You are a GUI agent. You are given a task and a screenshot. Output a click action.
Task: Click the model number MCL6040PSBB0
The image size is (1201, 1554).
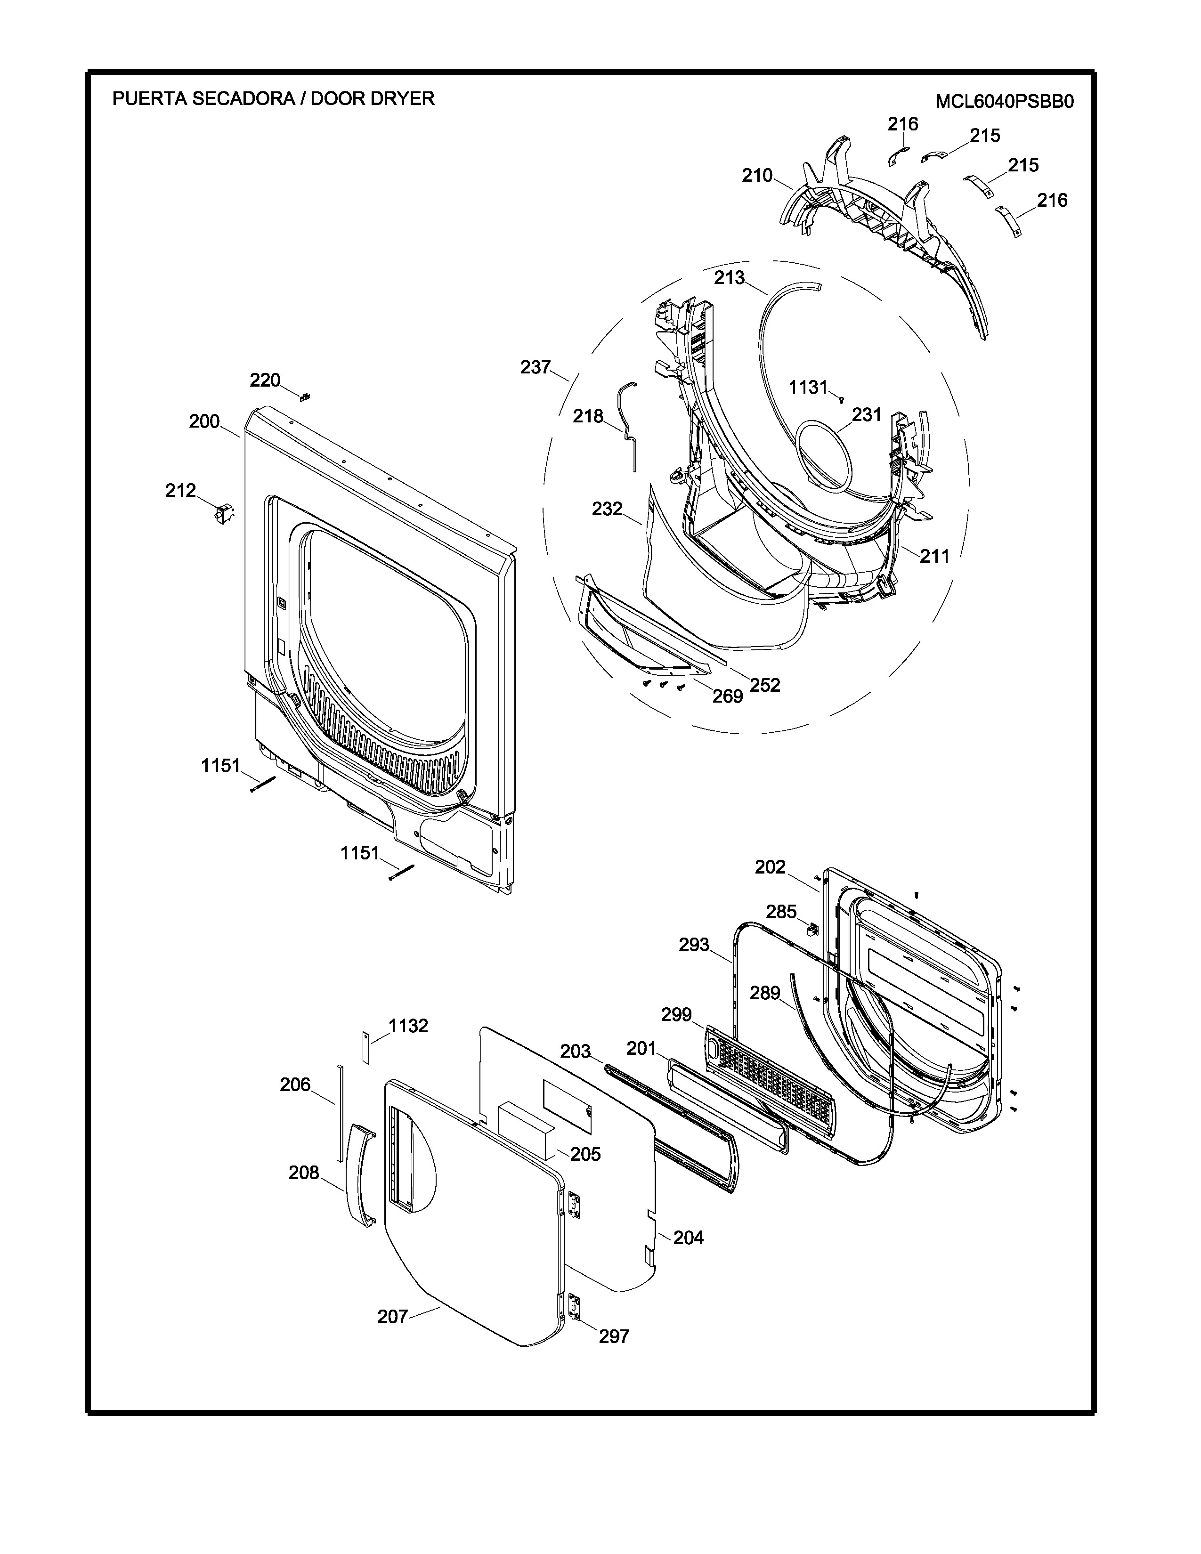(x=1004, y=102)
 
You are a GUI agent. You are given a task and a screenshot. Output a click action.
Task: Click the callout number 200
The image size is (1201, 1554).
(x=204, y=421)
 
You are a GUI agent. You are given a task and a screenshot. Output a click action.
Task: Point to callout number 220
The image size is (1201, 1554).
(x=265, y=380)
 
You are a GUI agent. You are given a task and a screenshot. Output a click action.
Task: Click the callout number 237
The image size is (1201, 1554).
(x=536, y=367)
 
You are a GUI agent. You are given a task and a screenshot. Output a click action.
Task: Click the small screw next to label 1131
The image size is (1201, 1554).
(x=841, y=400)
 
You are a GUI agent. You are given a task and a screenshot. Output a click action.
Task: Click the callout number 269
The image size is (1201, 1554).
(x=728, y=696)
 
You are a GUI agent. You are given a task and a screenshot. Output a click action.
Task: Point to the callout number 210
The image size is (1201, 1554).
(x=757, y=176)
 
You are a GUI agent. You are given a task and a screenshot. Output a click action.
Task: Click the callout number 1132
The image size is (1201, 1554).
(x=408, y=1026)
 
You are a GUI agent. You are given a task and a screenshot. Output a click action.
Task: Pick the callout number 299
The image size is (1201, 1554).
(x=677, y=1015)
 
